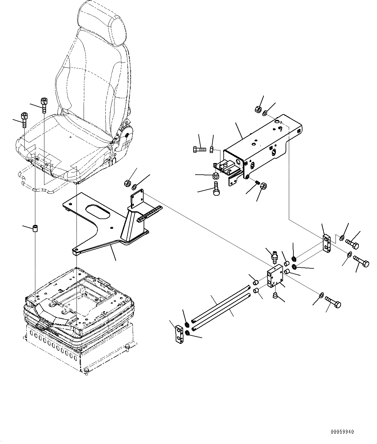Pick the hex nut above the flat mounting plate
pos(127,183)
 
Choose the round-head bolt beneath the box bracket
pos(217,189)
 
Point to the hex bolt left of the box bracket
pos(198,149)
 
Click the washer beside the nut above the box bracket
pos(265,112)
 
